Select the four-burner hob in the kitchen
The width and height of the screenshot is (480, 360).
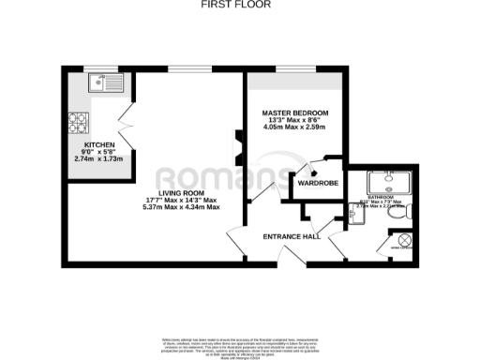(78, 121)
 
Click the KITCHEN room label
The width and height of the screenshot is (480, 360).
(98, 145)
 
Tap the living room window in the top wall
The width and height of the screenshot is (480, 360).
(183, 68)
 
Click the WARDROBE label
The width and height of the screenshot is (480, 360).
(318, 183)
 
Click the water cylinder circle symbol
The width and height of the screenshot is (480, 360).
(405, 240)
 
